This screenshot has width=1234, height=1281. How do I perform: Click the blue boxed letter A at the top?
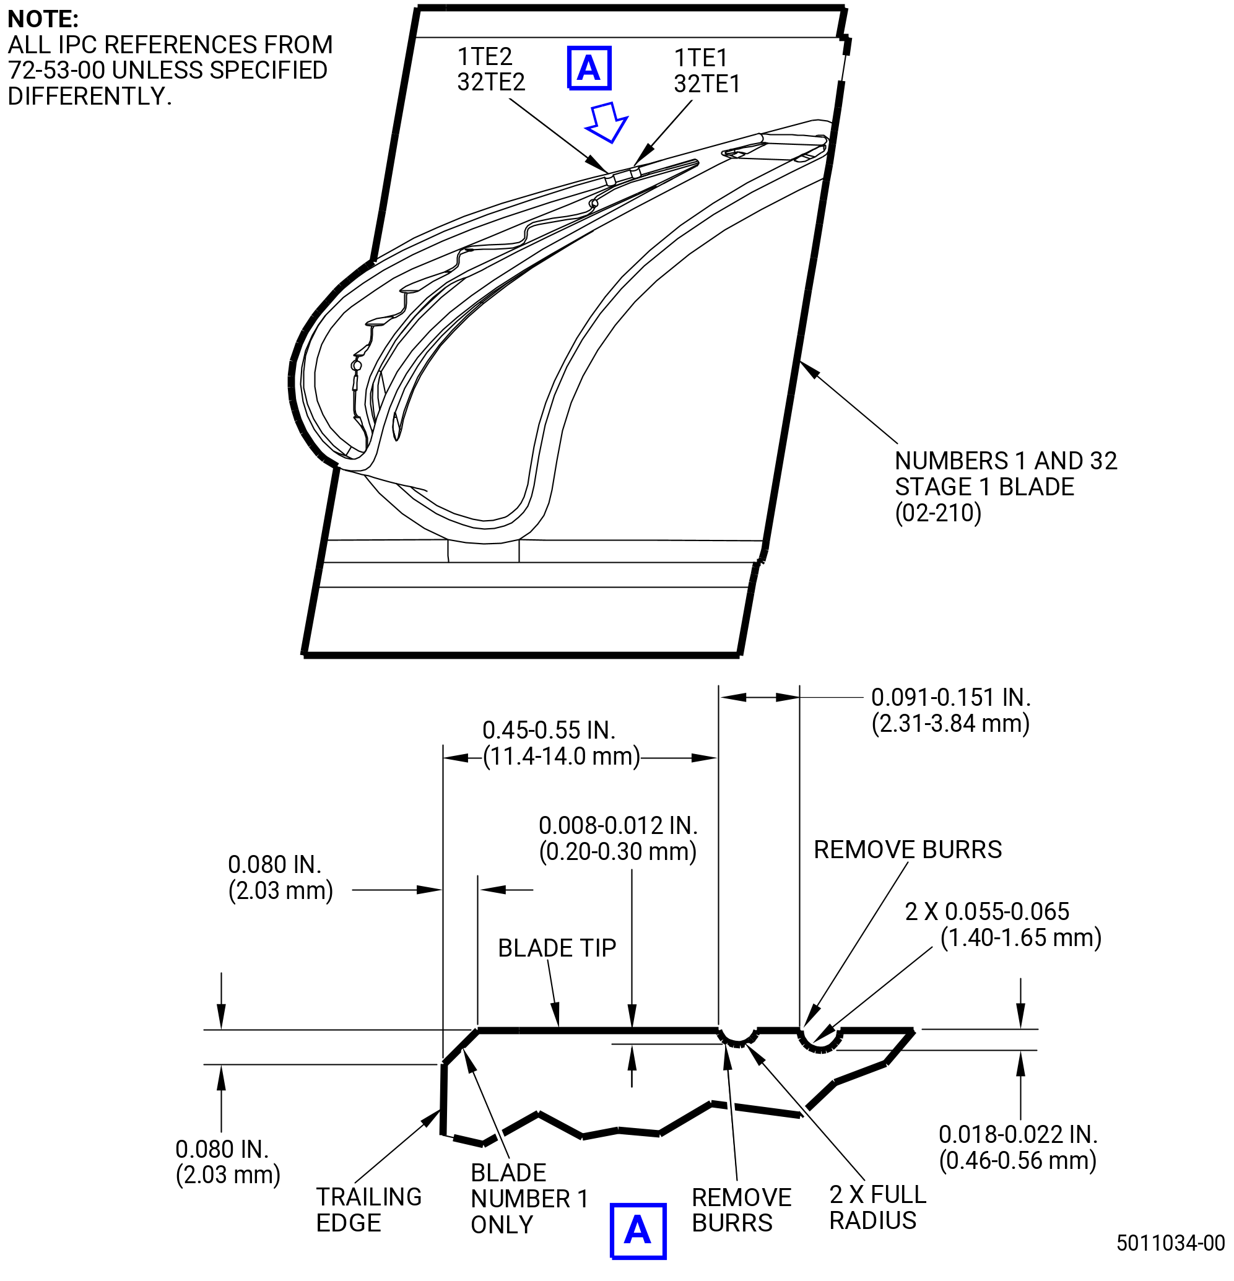[588, 68]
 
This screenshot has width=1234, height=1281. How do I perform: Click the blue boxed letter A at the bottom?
[637, 1231]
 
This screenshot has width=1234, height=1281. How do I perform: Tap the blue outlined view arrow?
[607, 122]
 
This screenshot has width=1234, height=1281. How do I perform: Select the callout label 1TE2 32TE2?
[491, 69]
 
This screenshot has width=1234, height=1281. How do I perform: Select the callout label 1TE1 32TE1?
[706, 71]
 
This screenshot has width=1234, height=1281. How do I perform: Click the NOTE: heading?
[43, 19]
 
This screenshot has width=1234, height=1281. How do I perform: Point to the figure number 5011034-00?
[1171, 1243]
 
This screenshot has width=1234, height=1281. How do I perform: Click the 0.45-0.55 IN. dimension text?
[549, 730]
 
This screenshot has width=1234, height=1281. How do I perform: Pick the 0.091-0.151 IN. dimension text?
[951, 697]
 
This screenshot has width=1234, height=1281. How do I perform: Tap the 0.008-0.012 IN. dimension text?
[619, 825]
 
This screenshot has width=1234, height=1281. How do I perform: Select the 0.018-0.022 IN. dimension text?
[1019, 1135]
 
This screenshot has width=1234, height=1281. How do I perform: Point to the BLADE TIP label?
[557, 948]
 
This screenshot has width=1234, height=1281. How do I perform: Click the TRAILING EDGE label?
[368, 1210]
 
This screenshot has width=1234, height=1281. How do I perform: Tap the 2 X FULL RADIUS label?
[878, 1208]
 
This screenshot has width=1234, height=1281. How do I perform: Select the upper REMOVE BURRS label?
[907, 849]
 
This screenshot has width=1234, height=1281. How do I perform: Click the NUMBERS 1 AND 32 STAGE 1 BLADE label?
[1006, 487]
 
